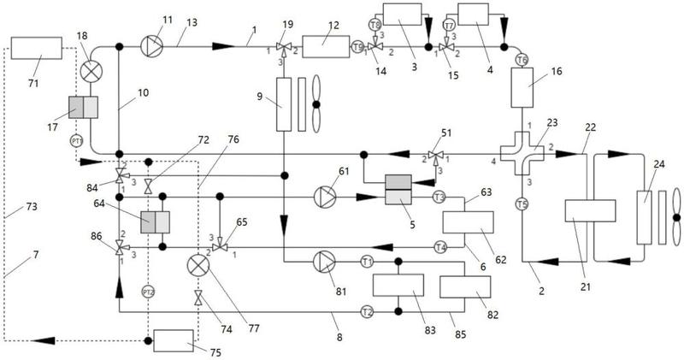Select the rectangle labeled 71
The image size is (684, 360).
click(x=37, y=48)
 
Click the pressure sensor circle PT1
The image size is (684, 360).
click(x=76, y=141)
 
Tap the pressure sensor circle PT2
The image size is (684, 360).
click(x=148, y=291)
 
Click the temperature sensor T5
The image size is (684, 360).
click(x=522, y=203)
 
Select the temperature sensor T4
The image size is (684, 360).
click(x=440, y=248)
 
